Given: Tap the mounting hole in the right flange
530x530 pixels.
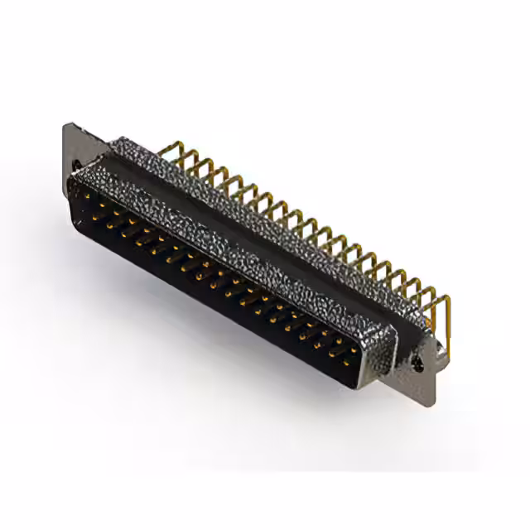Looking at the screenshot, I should click(x=417, y=361).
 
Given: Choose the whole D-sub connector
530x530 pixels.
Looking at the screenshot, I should click(x=248, y=257).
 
